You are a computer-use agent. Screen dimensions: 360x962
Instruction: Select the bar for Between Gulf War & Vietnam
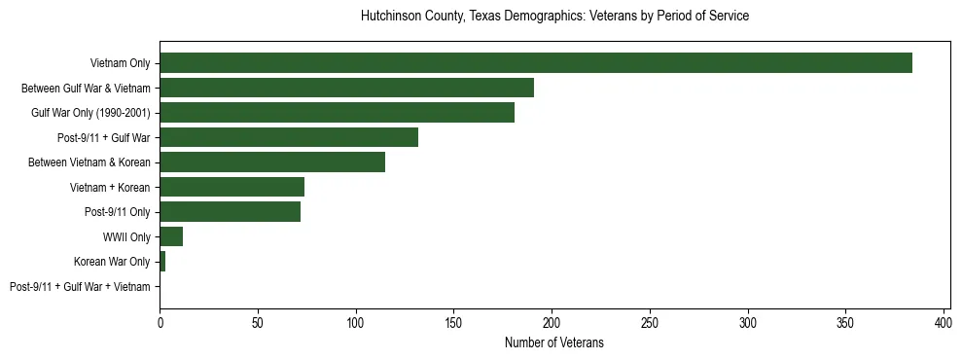[x=346, y=88]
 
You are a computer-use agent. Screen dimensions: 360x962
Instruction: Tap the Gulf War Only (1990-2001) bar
[x=337, y=113]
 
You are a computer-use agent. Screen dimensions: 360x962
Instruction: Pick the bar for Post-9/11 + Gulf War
[x=289, y=137]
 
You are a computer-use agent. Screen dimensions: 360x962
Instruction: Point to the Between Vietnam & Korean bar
[x=272, y=162]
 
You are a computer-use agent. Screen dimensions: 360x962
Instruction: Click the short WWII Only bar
[x=171, y=236]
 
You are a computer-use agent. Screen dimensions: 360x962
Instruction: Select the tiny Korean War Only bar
[x=162, y=262]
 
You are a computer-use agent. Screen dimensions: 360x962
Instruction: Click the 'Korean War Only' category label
[x=112, y=262]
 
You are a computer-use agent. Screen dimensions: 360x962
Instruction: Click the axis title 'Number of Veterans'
[x=553, y=342]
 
